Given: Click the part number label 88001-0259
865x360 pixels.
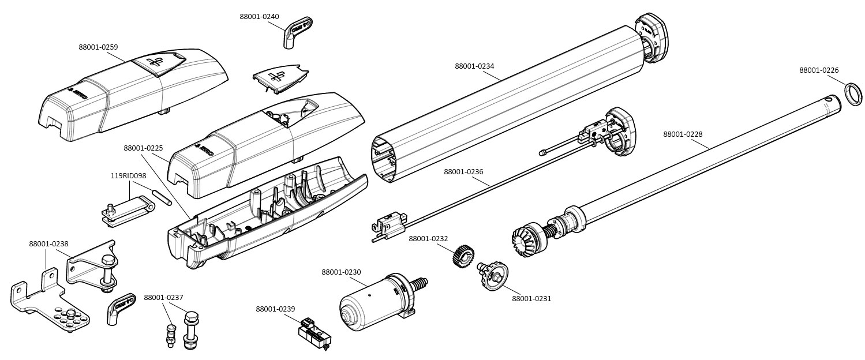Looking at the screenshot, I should (x=98, y=47).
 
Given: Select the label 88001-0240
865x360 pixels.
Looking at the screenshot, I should (x=259, y=17).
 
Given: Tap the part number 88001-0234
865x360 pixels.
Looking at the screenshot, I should (x=474, y=66).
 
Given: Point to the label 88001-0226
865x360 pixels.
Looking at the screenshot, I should (x=819, y=70).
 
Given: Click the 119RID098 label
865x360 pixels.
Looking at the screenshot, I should (x=128, y=176).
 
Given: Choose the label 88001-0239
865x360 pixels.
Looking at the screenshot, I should (x=275, y=309).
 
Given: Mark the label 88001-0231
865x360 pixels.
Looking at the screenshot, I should (x=531, y=299).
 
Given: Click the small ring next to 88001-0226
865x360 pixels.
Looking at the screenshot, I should (x=853, y=94).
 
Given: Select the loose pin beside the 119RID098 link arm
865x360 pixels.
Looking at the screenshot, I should (x=162, y=196).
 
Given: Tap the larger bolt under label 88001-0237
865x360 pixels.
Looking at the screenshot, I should (x=191, y=329).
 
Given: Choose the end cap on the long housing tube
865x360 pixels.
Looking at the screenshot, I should (x=651, y=38).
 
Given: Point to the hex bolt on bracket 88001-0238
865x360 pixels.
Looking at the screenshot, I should (x=107, y=267).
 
